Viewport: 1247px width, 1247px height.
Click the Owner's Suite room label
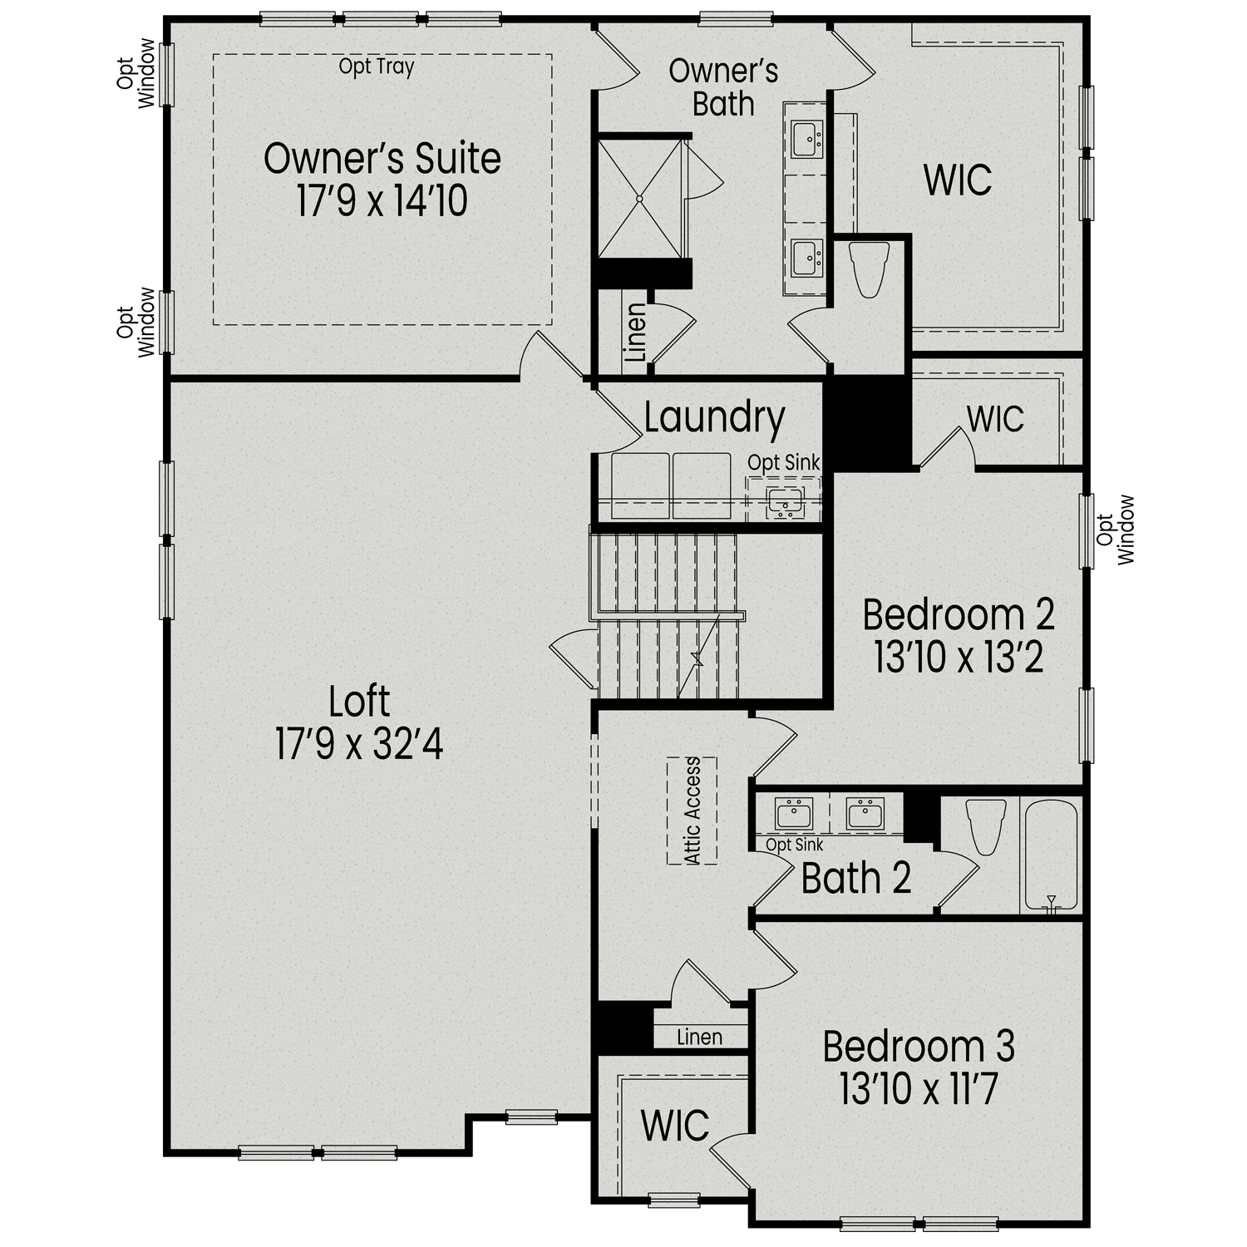pyautogui.click(x=382, y=159)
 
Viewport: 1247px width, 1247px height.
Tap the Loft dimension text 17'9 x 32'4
pyautogui.click(x=359, y=744)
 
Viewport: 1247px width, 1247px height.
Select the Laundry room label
pyautogui.click(x=714, y=417)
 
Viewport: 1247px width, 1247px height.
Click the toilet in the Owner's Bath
pyautogui.click(x=870, y=269)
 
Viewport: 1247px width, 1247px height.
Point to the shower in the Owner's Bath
pyautogui.click(x=639, y=199)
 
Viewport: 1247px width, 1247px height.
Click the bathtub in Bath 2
pyautogui.click(x=1051, y=855)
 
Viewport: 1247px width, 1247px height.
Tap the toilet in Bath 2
pyautogui.click(x=987, y=826)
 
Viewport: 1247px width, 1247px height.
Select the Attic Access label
pyautogui.click(x=693, y=811)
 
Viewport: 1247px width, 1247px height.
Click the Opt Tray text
pyautogui.click(x=376, y=67)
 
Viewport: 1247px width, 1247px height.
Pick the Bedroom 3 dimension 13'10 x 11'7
pyautogui.click(x=918, y=1088)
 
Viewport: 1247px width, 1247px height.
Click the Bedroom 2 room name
pyautogui.click(x=959, y=615)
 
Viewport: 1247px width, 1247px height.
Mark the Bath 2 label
pyautogui.click(x=856, y=879)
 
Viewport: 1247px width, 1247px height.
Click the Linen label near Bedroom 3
pyautogui.click(x=699, y=1037)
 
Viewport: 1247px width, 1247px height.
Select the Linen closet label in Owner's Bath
pyautogui.click(x=635, y=333)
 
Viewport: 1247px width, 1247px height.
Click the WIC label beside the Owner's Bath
pyautogui.click(x=958, y=180)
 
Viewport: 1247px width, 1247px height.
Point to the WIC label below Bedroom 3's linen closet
pyautogui.click(x=675, y=1126)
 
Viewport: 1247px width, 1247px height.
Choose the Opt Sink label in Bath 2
pyautogui.click(x=794, y=845)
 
